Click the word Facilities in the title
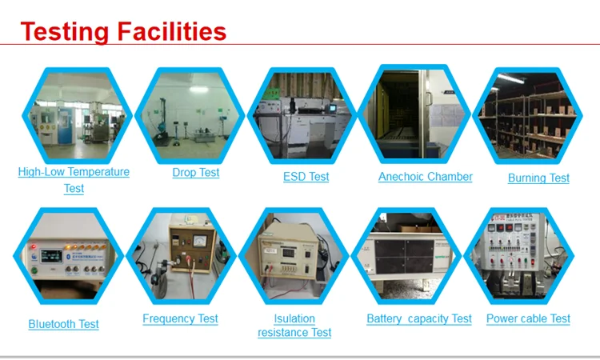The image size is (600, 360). (172, 31)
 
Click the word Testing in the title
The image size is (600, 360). (65, 33)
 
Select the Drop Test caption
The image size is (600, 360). (195, 173)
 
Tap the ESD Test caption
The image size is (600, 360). (306, 177)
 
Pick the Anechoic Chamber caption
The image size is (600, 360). (425, 177)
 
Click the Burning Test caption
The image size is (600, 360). (538, 178)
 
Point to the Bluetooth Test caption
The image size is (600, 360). (63, 325)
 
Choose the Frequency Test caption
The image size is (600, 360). (180, 318)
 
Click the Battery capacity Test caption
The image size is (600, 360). (419, 318)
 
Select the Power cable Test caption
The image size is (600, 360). (528, 318)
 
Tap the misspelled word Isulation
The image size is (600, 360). (294, 318)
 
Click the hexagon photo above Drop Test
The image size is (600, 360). (190, 115)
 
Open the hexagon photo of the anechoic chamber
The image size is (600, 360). (414, 114)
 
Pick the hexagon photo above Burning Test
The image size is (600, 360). (527, 115)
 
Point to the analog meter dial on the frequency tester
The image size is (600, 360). (199, 241)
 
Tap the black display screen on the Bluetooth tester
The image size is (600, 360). (51, 256)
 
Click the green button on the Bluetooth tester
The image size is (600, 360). (34, 270)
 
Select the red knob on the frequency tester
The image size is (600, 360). (189, 258)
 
